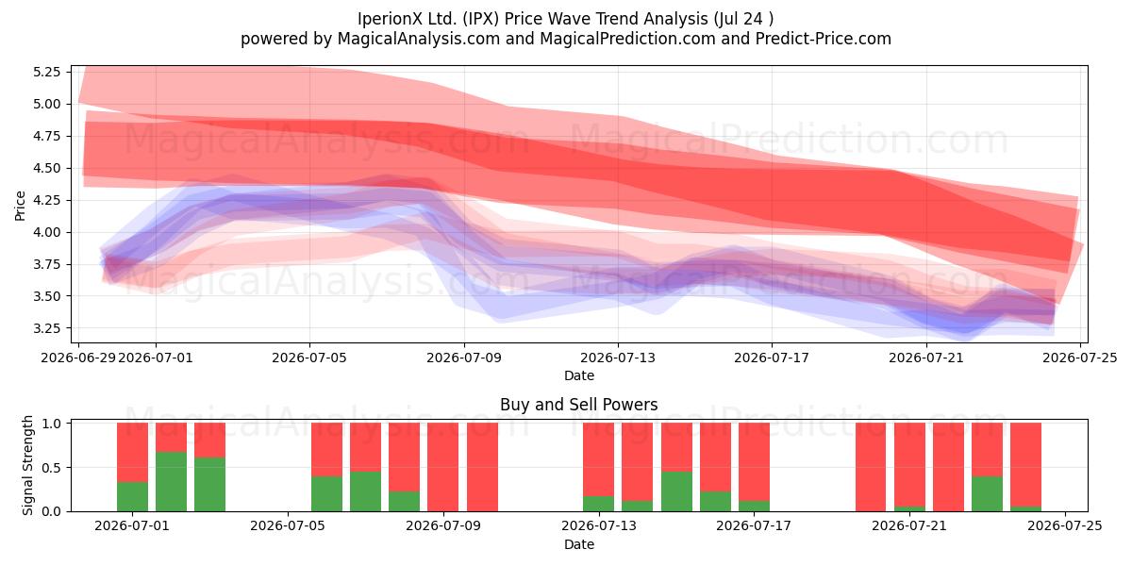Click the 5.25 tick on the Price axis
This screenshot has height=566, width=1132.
[x=46, y=72]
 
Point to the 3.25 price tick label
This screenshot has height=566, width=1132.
[x=46, y=328]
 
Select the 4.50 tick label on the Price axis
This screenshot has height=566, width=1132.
[x=46, y=168]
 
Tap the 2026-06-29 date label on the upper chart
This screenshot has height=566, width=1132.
[x=78, y=358]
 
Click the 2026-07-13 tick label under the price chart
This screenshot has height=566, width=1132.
[x=618, y=358]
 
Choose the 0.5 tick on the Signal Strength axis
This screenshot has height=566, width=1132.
[x=51, y=468]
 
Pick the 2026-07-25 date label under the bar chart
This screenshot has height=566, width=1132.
[x=1065, y=526]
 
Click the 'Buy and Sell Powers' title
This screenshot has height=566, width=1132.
[x=578, y=405]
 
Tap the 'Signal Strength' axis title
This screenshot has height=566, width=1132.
[x=27, y=465]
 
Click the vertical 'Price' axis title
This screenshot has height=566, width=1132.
[x=20, y=206]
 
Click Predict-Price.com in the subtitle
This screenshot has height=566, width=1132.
[x=824, y=39]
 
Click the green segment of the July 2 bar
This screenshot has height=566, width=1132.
[x=172, y=482]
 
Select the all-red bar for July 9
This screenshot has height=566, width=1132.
[x=482, y=467]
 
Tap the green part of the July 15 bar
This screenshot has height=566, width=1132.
[x=676, y=491]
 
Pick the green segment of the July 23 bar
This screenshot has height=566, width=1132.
[x=987, y=493]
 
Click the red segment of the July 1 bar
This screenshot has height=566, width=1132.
[x=132, y=452]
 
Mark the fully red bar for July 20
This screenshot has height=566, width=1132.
[x=871, y=467]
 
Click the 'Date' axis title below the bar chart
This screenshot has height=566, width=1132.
[x=578, y=544]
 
